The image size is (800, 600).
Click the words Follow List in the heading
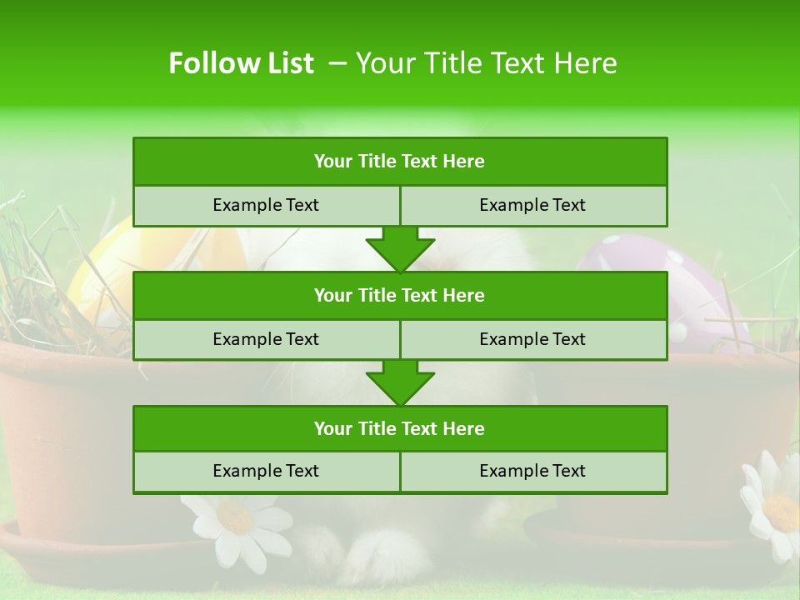click(241, 63)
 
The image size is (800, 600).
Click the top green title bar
click(400, 162)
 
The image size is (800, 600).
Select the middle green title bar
click(400, 296)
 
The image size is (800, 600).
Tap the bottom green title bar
click(400, 429)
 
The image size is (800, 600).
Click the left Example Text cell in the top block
click(267, 206)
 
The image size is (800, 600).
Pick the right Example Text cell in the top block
click(533, 206)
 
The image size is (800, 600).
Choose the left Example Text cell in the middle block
click(267, 340)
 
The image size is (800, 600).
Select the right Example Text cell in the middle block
click(533, 340)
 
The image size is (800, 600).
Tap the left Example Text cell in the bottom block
click(267, 472)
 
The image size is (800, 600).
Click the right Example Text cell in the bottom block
click(533, 472)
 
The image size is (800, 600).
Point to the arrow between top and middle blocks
click(400, 249)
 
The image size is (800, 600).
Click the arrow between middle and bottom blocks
click(400, 382)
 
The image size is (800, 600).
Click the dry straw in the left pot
click(33, 275)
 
